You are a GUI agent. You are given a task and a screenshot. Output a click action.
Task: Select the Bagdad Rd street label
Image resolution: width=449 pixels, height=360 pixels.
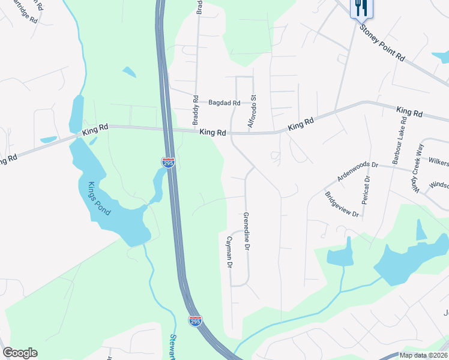tap(224, 103)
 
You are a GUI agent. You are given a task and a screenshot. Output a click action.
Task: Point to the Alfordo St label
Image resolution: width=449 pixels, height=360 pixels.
tap(253, 111)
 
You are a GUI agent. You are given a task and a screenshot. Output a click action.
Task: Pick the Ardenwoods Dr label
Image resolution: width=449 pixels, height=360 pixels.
tap(358, 171)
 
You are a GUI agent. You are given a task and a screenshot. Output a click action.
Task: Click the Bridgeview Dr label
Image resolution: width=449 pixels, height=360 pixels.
tap(342, 205)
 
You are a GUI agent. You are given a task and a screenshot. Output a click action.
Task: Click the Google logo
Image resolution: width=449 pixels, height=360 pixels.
tap(20, 353)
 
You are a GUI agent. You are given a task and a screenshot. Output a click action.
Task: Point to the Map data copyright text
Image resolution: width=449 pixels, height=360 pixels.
tap(423, 355)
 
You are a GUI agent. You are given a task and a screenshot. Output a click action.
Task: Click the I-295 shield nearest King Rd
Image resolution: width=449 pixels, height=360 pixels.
tap(169, 163)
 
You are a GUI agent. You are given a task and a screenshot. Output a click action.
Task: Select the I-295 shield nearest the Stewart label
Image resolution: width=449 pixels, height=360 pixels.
tap(195, 321)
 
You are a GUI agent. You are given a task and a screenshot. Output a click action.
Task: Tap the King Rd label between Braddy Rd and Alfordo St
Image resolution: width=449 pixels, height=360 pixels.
tap(212, 132)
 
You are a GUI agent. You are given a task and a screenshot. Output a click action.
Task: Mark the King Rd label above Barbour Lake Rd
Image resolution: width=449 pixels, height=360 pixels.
tap(409, 112)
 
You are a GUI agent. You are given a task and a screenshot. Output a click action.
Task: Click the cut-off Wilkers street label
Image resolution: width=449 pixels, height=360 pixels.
tap(438, 161)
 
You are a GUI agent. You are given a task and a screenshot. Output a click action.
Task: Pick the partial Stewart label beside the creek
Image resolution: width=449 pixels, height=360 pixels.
tap(173, 346)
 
